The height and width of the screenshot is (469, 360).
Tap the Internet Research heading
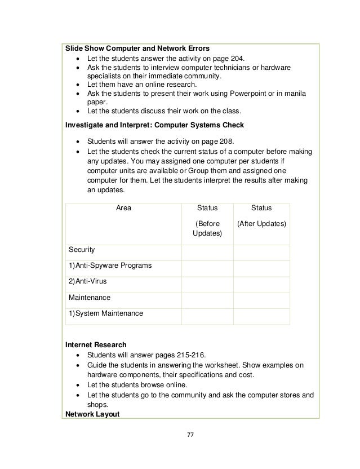[96, 344]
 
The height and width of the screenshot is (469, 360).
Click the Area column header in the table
[123, 208]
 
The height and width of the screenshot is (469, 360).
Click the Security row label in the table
[82, 249]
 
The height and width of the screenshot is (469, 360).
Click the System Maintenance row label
[106, 313]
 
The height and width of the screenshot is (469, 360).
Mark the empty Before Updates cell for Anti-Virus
[207, 281]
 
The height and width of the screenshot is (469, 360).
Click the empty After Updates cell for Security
[261, 249]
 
